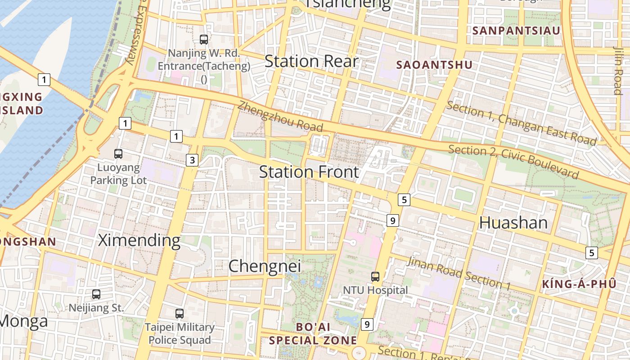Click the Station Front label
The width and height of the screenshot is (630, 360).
(x=309, y=172)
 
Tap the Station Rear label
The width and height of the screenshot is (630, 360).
(x=311, y=61)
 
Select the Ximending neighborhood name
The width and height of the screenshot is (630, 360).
(x=139, y=240)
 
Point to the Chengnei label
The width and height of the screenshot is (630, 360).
(x=265, y=266)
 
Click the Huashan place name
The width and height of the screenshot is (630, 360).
(x=513, y=223)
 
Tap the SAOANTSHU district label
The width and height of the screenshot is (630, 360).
(x=434, y=65)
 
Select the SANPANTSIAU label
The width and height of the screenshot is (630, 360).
(x=517, y=31)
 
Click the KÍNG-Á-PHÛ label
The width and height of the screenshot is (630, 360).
(x=579, y=284)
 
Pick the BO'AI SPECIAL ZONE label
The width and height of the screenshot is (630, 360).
(x=313, y=333)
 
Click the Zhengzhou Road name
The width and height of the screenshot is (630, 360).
(x=280, y=116)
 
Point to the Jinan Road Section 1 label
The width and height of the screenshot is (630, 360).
(x=459, y=273)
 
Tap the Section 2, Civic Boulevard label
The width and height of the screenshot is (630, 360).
(x=513, y=162)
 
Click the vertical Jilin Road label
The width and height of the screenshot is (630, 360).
(x=618, y=70)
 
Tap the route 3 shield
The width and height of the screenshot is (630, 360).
(x=192, y=160)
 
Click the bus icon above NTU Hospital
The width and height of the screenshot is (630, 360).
(x=375, y=276)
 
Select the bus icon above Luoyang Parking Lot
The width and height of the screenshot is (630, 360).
(x=118, y=154)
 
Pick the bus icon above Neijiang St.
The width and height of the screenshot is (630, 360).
(x=96, y=294)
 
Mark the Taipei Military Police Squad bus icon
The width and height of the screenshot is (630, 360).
(x=180, y=313)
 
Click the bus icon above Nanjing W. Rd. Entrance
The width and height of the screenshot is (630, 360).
(x=204, y=40)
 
